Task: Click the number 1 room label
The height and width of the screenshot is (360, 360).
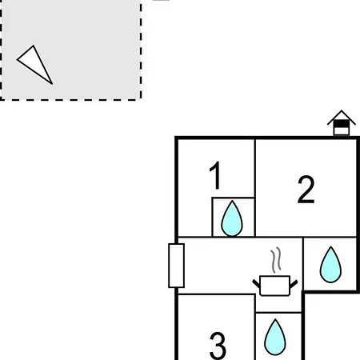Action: [216, 175]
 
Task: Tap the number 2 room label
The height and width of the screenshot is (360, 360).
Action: [306, 190]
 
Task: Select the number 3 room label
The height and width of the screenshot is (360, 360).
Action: [218, 346]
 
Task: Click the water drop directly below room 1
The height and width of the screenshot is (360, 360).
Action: [232, 218]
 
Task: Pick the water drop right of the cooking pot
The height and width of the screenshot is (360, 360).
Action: [330, 265]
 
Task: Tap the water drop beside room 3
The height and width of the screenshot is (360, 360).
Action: [275, 337]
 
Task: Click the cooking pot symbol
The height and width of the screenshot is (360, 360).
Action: [275, 286]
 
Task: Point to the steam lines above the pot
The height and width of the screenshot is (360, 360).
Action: [276, 260]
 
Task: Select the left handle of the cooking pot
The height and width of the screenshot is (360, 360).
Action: [256, 284]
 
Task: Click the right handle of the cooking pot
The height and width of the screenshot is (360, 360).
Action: [294, 284]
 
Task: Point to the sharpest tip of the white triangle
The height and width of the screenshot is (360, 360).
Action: [52, 84]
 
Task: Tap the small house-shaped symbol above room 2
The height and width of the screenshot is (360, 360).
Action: [342, 122]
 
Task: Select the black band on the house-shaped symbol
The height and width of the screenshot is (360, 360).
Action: [342, 124]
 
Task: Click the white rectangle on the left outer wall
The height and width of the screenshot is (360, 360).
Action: [176, 266]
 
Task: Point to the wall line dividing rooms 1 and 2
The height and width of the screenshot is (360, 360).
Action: [255, 188]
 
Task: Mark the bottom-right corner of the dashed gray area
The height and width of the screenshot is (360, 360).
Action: [141, 100]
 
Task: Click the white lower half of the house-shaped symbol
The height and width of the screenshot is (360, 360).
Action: [342, 131]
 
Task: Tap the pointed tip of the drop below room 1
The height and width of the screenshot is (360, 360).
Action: [232, 201]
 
